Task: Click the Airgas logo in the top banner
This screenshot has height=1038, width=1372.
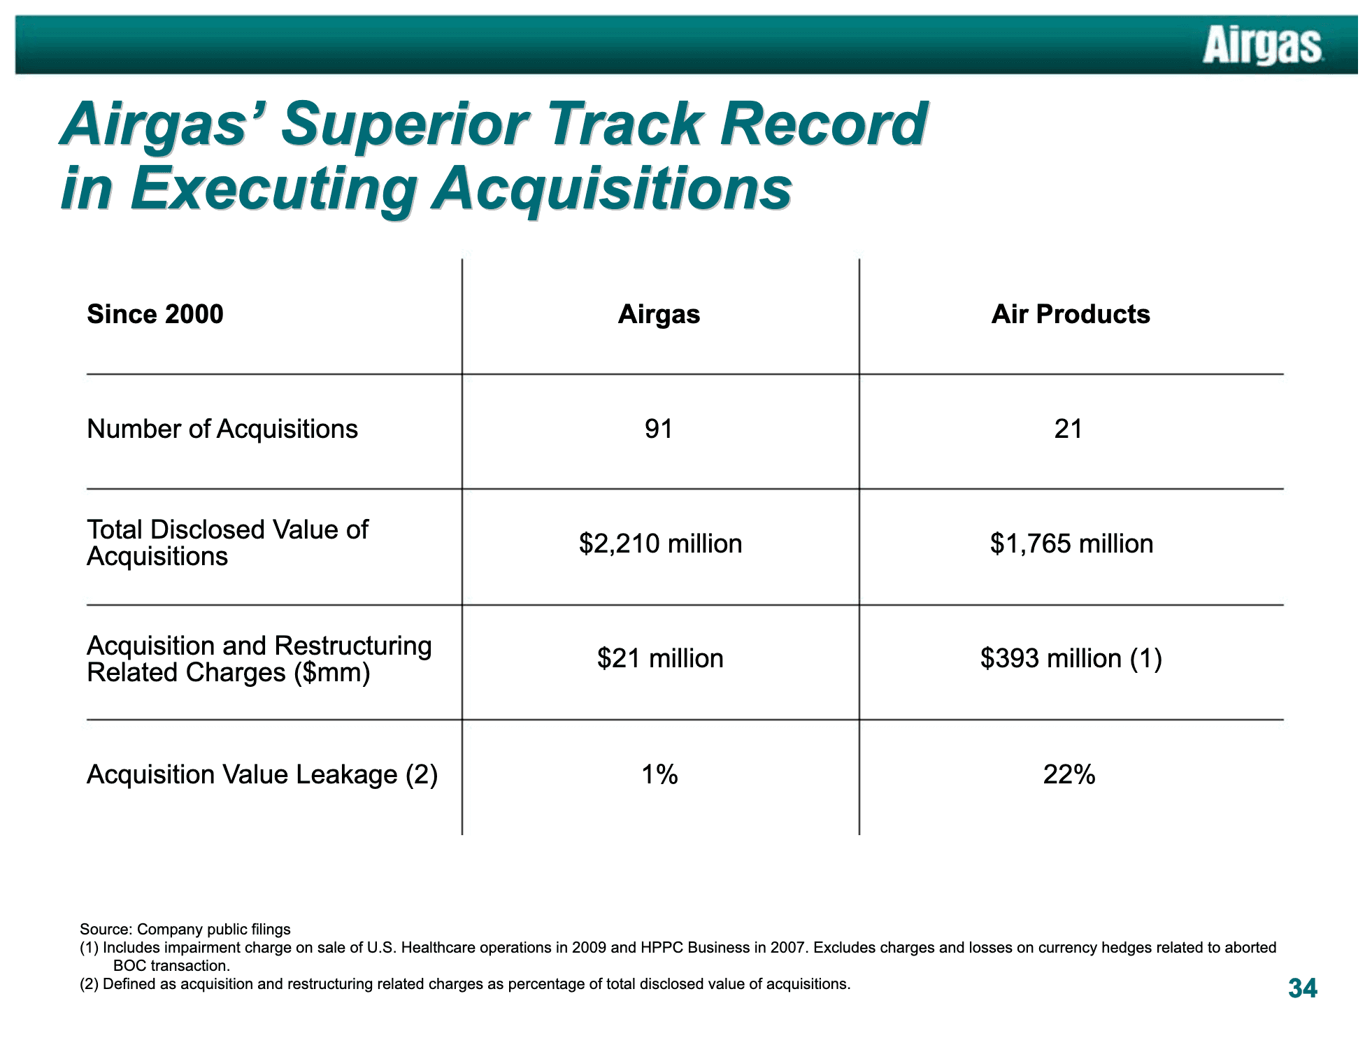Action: [1262, 45]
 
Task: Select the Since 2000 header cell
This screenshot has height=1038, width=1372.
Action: [155, 314]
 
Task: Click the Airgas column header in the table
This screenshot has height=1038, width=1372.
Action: [659, 315]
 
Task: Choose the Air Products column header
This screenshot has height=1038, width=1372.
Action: [1071, 314]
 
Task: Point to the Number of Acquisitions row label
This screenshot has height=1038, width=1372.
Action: [222, 429]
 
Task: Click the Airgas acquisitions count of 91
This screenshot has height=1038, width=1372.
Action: [659, 429]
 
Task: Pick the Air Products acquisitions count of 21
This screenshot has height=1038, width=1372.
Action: [1069, 429]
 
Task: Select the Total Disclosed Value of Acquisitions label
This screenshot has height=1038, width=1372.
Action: [227, 543]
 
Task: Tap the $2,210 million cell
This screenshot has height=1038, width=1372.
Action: [660, 543]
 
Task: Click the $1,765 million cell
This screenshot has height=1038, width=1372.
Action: [1071, 543]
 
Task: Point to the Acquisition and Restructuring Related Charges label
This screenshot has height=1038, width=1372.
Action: [259, 659]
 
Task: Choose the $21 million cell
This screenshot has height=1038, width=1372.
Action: [660, 658]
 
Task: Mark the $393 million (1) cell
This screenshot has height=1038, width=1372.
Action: [1071, 658]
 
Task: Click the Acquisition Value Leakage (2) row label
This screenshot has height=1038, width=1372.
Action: [262, 774]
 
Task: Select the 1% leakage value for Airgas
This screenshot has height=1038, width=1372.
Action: [659, 774]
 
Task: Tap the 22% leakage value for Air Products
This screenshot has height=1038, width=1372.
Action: [1069, 774]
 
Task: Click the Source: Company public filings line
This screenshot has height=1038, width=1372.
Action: [185, 929]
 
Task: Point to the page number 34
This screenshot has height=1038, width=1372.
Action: [1302, 988]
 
